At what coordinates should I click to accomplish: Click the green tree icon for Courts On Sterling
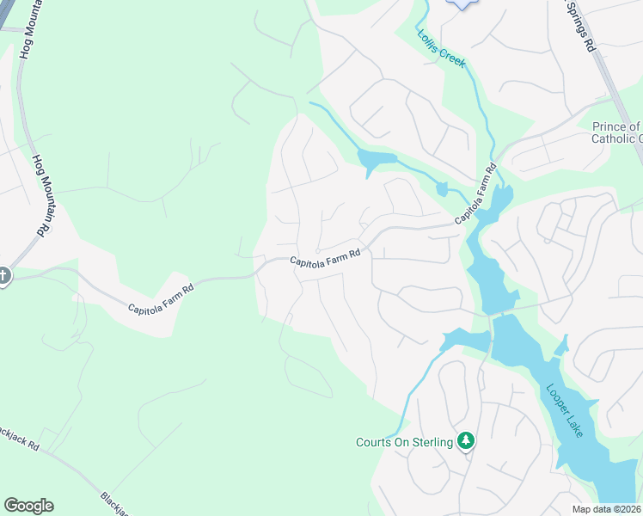point(466,441)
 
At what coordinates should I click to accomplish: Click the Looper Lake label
point(565,408)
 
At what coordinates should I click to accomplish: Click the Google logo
point(28,506)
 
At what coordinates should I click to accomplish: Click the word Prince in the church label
point(610,126)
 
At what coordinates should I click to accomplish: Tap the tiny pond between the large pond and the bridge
point(442,188)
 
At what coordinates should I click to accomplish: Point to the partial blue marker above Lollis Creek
point(462,4)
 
